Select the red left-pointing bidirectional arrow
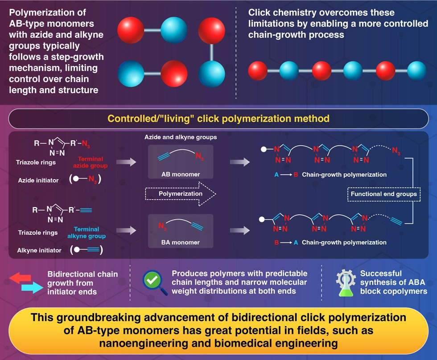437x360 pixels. (21, 278)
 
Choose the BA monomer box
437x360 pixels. (180, 231)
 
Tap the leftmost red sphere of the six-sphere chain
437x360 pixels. (257, 70)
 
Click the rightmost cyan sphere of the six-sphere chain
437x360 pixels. (416, 70)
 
